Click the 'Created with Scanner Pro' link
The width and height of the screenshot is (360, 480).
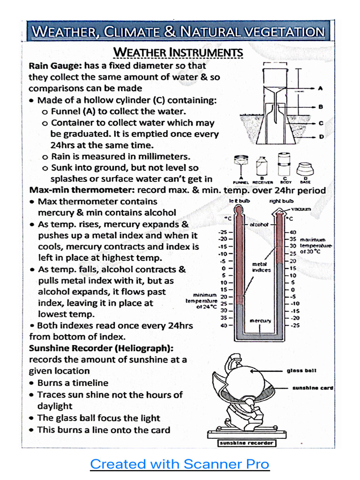pyautogui.click(x=180, y=464)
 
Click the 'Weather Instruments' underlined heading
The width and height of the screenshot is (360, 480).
pyautogui.click(x=179, y=52)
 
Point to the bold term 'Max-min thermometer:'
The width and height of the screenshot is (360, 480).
pyautogui.click(x=82, y=190)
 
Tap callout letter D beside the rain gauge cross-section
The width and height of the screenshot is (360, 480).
pyautogui.click(x=321, y=137)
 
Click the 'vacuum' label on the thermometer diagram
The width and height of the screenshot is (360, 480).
pyautogui.click(x=300, y=209)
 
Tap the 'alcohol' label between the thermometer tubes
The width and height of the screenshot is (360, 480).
pyautogui.click(x=258, y=225)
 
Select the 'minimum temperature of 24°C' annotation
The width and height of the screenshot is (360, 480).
pyautogui.click(x=202, y=300)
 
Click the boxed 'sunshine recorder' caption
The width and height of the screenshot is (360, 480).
pyautogui.click(x=247, y=442)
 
